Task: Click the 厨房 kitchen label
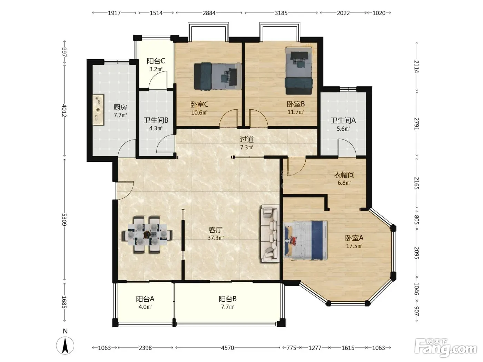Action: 120,107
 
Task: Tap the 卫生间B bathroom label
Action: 156,120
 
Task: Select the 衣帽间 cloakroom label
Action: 344,175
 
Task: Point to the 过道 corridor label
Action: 247,139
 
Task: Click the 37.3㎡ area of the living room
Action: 216,238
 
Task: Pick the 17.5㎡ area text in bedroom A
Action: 354,246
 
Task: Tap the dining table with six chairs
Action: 147,235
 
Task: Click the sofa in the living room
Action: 270,234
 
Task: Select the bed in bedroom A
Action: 306,240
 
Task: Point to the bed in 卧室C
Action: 217,76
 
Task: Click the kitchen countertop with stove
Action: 98,110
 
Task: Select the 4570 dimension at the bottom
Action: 227,348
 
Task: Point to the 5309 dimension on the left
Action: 64,219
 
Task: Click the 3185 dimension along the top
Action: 281,13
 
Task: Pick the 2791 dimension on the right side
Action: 416,124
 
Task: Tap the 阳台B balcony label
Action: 227,299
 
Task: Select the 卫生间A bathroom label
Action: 343,120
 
